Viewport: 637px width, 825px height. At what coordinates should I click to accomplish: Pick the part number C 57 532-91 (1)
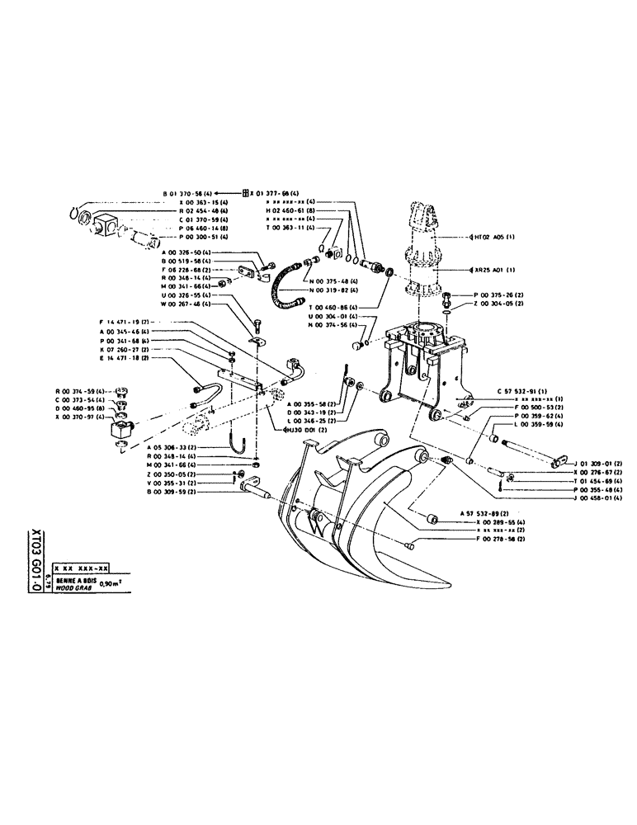526,389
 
